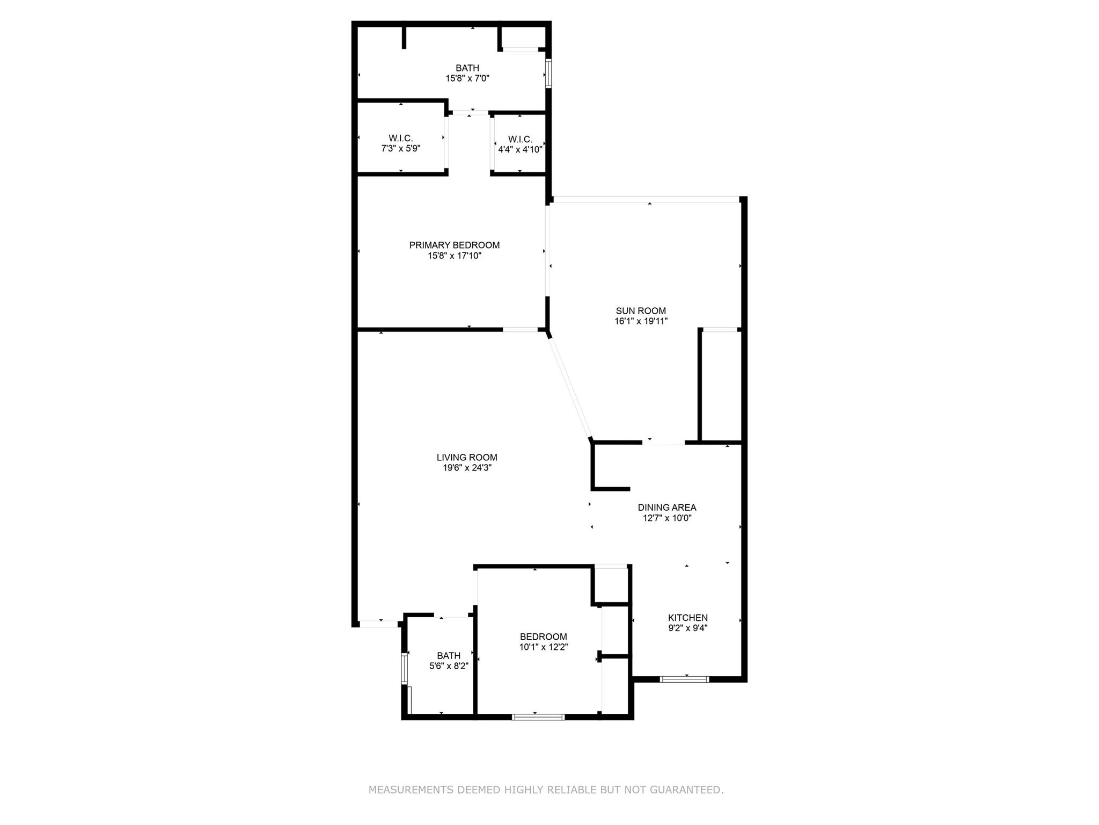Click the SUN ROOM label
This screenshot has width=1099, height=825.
[641, 310]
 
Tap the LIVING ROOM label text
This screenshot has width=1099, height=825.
[466, 457]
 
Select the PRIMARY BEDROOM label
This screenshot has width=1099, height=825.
[454, 245]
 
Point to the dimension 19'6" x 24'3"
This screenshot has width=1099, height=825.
[466, 468]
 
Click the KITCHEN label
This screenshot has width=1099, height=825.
[687, 617]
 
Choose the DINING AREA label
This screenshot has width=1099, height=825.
[666, 507]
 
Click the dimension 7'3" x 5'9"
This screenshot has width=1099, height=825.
[400, 149]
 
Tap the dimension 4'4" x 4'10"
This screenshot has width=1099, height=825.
[519, 150]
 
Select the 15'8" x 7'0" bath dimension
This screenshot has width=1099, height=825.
[467, 78]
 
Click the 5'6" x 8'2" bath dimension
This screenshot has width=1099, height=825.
[449, 666]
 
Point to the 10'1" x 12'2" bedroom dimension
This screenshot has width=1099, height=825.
[543, 647]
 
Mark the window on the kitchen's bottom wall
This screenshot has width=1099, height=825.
[684, 679]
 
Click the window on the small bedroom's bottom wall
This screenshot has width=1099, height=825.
[538, 717]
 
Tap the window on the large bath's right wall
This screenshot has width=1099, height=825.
[548, 74]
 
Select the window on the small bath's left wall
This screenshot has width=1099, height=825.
[405, 668]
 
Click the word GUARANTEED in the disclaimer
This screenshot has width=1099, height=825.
[686, 790]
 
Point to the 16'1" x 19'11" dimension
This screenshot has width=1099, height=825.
[641, 321]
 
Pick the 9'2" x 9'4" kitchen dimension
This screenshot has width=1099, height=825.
[687, 628]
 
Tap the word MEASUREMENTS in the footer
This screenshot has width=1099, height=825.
[411, 790]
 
